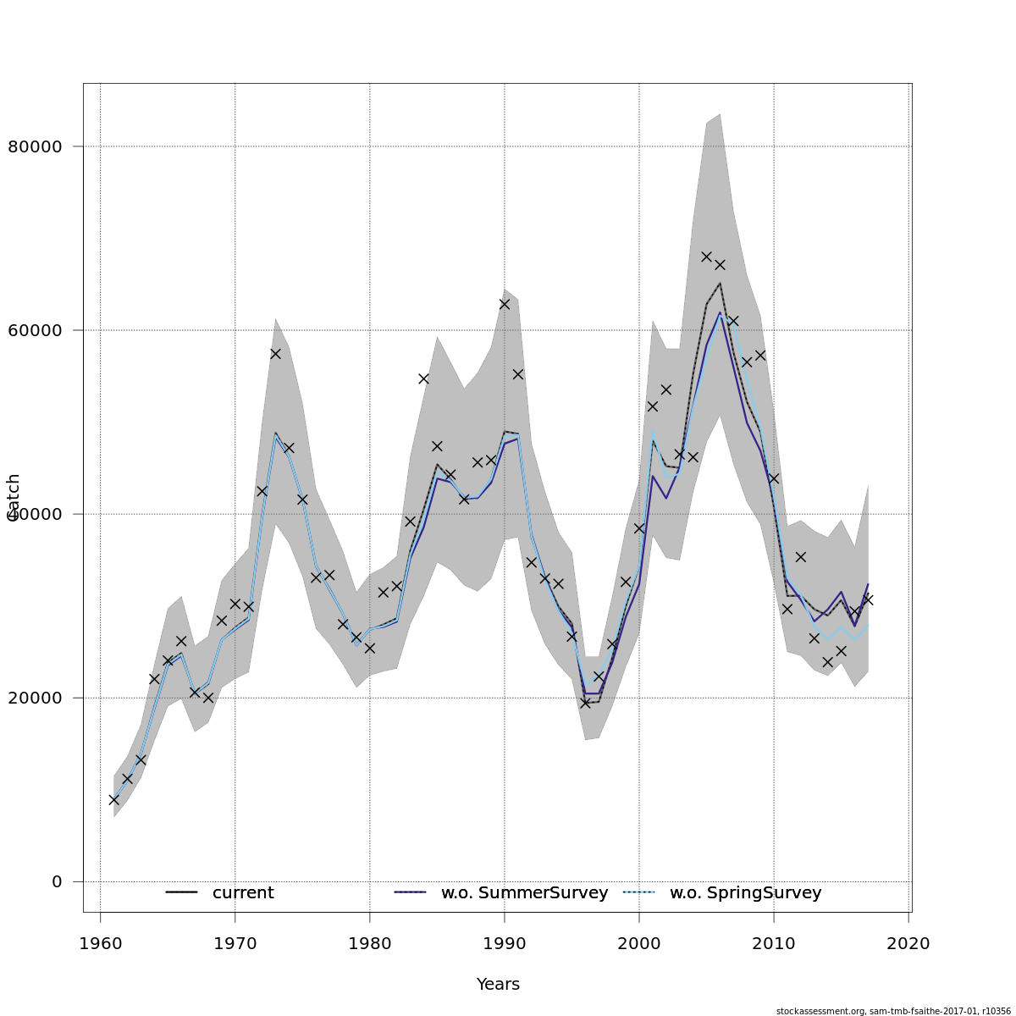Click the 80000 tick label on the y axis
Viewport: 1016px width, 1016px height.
pyautogui.click(x=35, y=146)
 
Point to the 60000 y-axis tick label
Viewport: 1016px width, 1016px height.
pyautogui.click(x=35, y=330)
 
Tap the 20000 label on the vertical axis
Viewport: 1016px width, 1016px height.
pyautogui.click(x=35, y=698)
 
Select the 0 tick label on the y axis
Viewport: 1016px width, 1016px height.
pyautogui.click(x=57, y=881)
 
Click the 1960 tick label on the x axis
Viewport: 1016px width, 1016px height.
pyautogui.click(x=101, y=943)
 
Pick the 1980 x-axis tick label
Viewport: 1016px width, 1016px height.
pyautogui.click(x=370, y=943)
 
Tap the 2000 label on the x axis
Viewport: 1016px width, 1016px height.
pyautogui.click(x=639, y=943)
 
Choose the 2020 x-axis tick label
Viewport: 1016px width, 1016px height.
pyautogui.click(x=908, y=943)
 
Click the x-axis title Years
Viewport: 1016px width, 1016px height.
pyautogui.click(x=498, y=985)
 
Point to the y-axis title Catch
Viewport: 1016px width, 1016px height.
pyautogui.click(x=14, y=497)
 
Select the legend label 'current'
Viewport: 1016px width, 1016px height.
pyautogui.click(x=243, y=893)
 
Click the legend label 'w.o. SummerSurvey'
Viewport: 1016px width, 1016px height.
pyautogui.click(x=524, y=893)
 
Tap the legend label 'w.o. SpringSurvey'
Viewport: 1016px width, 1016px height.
pyautogui.click(x=745, y=893)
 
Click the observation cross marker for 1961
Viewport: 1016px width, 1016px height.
pyautogui.click(x=114, y=799)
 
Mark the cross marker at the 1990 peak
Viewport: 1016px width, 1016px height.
pyautogui.click(x=505, y=304)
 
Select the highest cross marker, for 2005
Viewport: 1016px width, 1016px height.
pyautogui.click(x=706, y=257)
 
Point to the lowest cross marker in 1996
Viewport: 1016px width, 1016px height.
pyautogui.click(x=585, y=703)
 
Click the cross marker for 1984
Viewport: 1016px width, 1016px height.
pyautogui.click(x=423, y=378)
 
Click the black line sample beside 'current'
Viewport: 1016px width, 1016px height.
pyautogui.click(x=181, y=892)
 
